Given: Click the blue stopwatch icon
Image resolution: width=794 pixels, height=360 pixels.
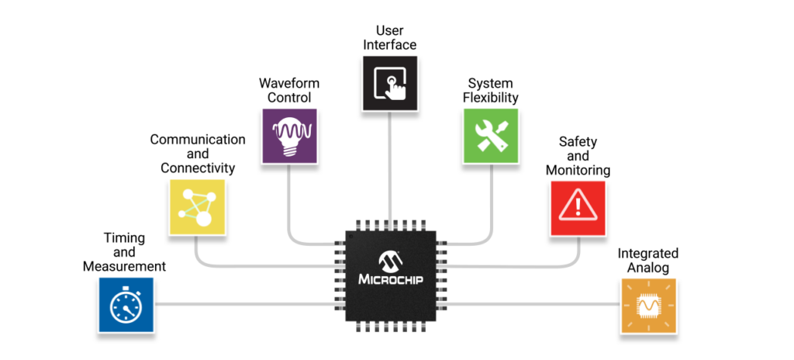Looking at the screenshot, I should [126, 305].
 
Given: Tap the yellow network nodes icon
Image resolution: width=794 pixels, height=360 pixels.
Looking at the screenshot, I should [197, 207].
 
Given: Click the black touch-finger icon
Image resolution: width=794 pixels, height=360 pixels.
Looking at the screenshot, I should [390, 81].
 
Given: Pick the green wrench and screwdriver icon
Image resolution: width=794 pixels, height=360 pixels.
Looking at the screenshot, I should [491, 136].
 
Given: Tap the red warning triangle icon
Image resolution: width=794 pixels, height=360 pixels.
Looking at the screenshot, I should [578, 207].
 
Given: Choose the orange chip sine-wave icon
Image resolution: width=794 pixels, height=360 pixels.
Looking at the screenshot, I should [648, 306].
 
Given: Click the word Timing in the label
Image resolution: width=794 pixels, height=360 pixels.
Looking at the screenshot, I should [124, 239].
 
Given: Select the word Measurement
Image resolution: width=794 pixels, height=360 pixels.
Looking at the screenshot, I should [124, 267].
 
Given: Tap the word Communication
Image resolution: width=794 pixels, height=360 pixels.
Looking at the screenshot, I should [198, 140].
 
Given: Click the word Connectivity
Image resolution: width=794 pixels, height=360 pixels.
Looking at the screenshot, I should [198, 168].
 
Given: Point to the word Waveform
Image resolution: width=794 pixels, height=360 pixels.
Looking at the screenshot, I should [289, 84].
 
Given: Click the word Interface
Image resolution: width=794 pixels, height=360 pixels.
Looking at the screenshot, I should [390, 45].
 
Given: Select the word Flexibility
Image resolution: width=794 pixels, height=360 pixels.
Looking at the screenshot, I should [491, 98].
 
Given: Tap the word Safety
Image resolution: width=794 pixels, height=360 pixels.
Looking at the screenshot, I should [578, 141].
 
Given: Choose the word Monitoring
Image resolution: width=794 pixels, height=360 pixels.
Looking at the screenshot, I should [578, 170].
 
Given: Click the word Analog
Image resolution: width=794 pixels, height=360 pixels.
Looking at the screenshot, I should [648, 268].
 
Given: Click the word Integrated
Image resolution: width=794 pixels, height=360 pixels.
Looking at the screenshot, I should [648, 254].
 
